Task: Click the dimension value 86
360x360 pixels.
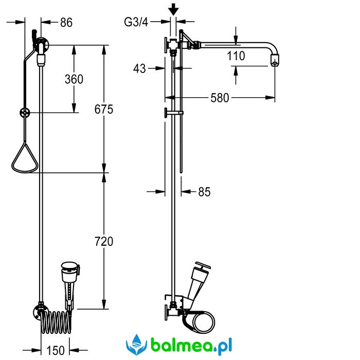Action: (66, 23)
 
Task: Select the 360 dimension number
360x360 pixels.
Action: (74, 79)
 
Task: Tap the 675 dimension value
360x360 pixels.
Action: (104, 109)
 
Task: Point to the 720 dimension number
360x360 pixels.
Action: (104, 242)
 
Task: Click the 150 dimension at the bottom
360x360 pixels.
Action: (56, 350)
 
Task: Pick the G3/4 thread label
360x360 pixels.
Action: (136, 22)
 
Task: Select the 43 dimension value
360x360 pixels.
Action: (139, 68)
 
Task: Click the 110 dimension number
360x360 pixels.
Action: (236, 56)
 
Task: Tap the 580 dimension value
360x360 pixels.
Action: (220, 98)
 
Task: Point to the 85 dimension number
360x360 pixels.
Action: (204, 192)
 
